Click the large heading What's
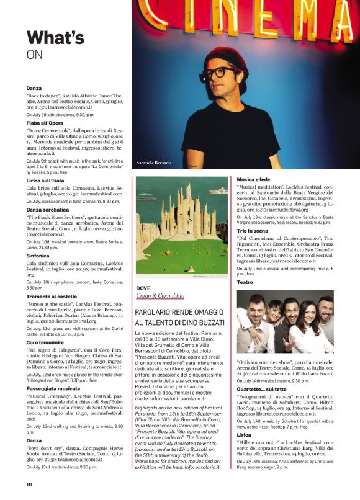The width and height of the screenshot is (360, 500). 55,38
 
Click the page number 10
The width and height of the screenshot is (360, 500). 29,484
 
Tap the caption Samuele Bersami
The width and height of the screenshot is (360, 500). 153,163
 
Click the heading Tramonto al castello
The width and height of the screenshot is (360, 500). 52,297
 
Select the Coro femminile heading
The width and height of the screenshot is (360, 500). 45,342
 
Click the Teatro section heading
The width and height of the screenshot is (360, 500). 245,282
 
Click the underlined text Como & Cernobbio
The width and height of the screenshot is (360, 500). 160,296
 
